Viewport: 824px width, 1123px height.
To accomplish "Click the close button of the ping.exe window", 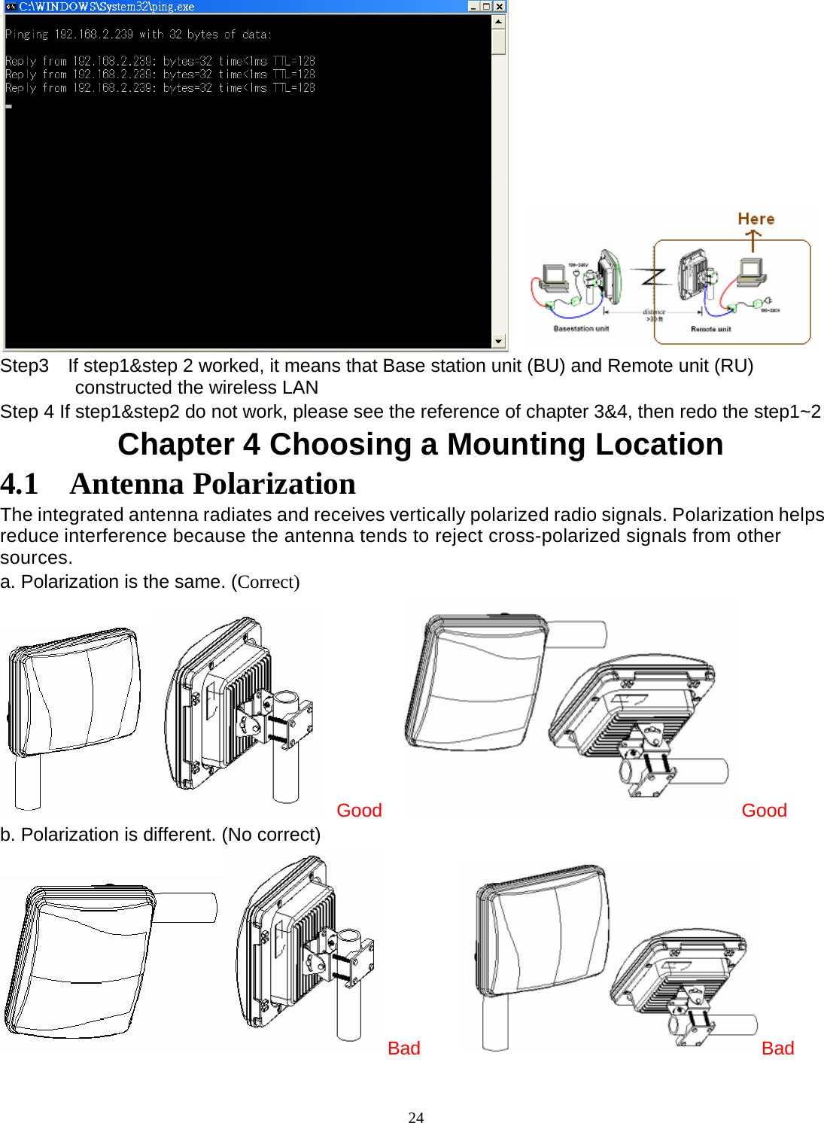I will tap(499, 6).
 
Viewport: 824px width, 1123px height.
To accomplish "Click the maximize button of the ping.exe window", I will tap(486, 6).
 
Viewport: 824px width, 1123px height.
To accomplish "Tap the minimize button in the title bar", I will tap(473, 6).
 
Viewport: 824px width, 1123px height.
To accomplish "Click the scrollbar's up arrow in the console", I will tap(498, 21).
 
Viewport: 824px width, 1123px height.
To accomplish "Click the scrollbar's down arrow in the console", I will tap(498, 341).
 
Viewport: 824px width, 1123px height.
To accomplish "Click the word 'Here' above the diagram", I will tap(756, 219).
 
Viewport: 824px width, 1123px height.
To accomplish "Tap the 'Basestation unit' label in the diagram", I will tap(581, 329).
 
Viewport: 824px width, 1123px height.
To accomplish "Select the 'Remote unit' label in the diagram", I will tap(710, 329).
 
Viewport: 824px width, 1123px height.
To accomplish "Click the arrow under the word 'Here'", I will tap(753, 241).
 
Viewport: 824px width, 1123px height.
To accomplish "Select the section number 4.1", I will tap(20, 484).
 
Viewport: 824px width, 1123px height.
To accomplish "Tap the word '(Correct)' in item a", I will tap(266, 582).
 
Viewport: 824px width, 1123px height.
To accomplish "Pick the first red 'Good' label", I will tap(359, 811).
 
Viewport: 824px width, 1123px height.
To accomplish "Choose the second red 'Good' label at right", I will tap(764, 811).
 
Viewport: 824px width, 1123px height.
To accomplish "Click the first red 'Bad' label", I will tap(403, 1048).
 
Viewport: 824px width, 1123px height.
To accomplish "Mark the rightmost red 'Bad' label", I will tap(777, 1048).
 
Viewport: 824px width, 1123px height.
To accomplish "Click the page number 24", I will tap(415, 1118).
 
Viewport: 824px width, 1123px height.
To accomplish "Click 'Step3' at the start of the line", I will tap(24, 366).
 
